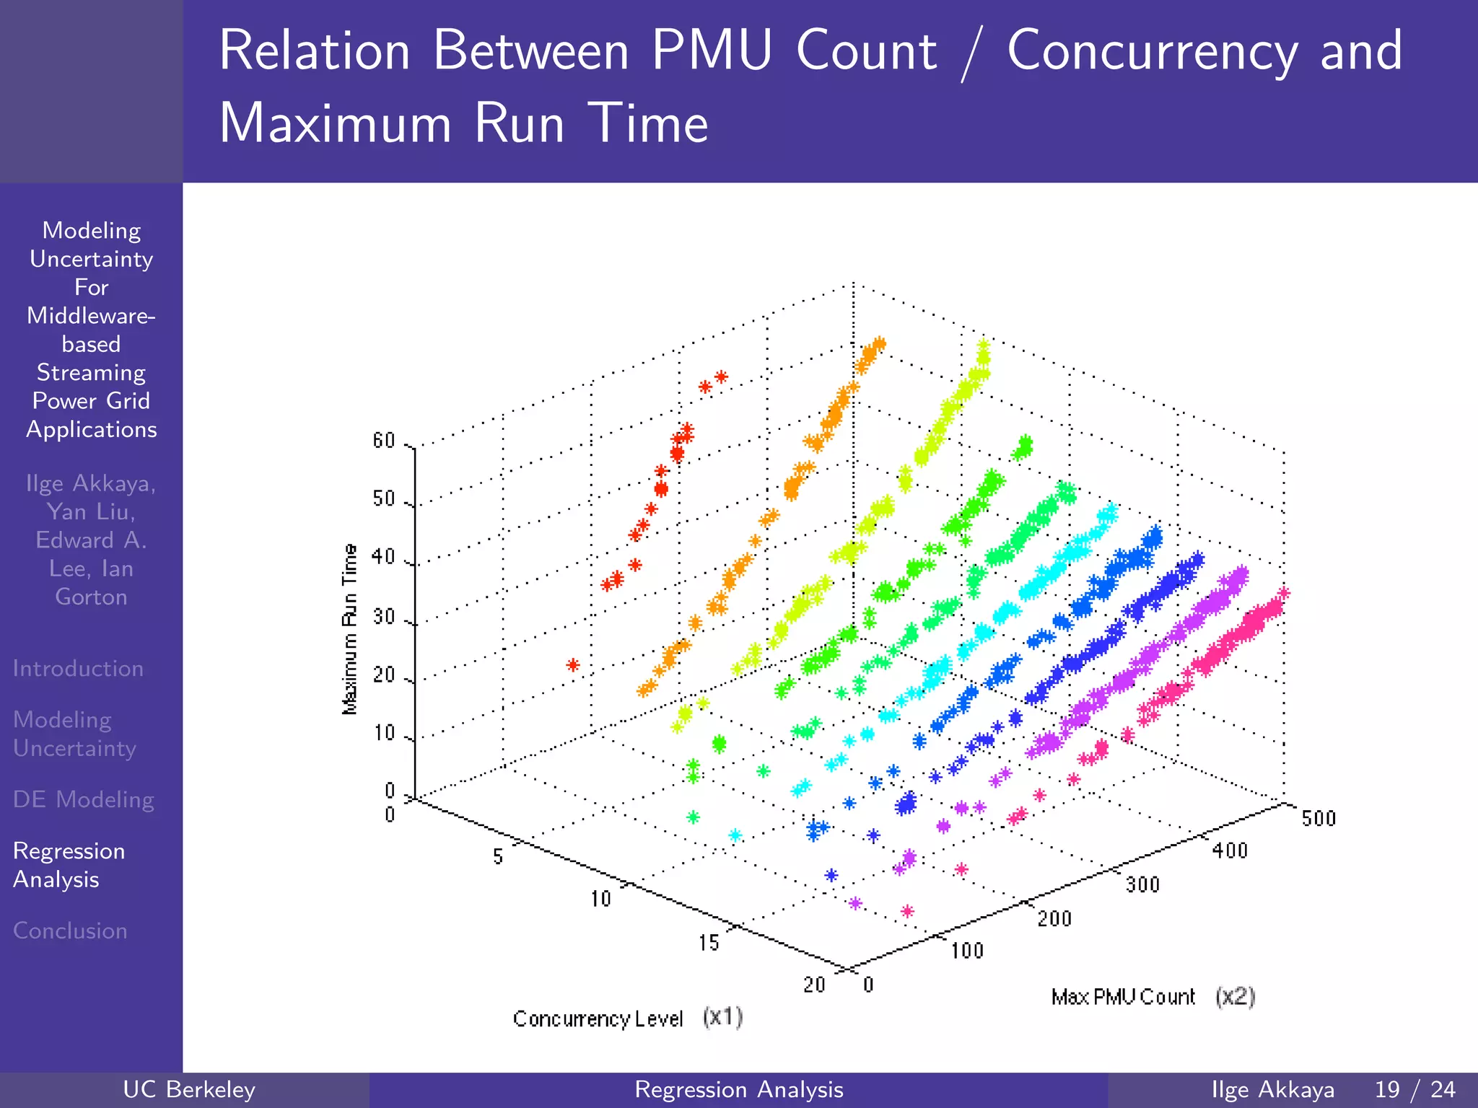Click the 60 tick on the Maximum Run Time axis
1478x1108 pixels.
384,441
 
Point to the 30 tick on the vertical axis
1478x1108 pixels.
384,617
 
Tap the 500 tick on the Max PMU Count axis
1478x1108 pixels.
1319,819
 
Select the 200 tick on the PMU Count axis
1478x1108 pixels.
1054,919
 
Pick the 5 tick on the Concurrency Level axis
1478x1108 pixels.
498,857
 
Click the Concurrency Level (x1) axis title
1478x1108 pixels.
627,1019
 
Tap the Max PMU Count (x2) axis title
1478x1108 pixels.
1153,997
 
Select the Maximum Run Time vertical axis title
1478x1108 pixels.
350,629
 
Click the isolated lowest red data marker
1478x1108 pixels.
573,664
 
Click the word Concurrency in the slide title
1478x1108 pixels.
1152,50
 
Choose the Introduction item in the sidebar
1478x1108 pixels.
78,669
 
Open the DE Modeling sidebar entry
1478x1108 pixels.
84,799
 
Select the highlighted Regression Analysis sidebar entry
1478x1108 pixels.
69,865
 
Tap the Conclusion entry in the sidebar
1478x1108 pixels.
70,931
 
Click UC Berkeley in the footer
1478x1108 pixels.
189,1089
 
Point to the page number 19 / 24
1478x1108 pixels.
1414,1089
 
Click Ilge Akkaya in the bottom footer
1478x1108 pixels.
1272,1089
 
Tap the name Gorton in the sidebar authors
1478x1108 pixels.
91,597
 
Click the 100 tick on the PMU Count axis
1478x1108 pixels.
967,951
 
